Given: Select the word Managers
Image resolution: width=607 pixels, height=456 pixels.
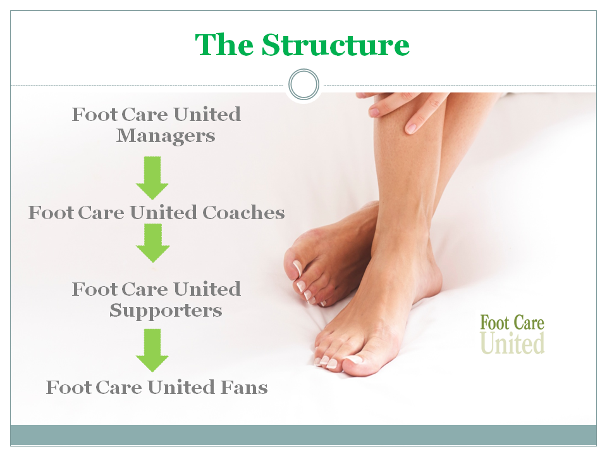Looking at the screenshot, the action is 166,136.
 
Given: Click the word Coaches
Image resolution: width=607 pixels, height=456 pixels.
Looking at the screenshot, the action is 243,213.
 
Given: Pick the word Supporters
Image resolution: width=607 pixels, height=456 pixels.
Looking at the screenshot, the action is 166,310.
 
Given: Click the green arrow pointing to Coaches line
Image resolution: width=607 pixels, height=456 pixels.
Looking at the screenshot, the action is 152,178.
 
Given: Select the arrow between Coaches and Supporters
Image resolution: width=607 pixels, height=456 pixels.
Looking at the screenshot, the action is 152,243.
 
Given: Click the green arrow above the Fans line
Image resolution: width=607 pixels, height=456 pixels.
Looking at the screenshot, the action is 152,350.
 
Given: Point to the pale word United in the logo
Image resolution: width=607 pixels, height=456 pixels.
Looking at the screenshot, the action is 512,343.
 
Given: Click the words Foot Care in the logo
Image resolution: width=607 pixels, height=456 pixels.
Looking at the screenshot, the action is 512,323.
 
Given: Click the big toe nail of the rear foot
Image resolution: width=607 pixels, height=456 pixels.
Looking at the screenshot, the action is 297,268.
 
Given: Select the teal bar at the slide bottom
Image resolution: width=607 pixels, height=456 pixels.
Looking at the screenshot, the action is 303,435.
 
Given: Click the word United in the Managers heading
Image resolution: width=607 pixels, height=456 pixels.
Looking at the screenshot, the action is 207,115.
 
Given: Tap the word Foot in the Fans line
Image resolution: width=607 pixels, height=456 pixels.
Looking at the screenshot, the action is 68,388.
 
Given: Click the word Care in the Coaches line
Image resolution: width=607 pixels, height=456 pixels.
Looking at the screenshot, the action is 101,213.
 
